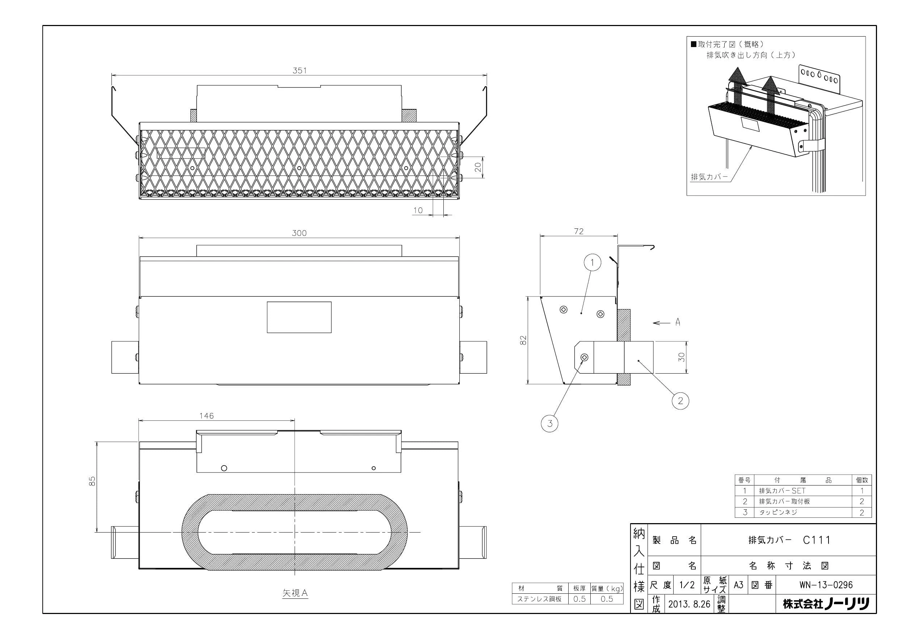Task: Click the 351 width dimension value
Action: pos(300,71)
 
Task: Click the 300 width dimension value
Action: pos(299,233)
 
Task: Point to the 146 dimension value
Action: pos(207,416)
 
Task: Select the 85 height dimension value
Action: pos(92,481)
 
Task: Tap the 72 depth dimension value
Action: pos(579,231)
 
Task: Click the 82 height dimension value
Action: pos(524,340)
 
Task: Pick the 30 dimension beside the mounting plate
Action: pos(682,357)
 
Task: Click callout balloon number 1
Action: pos(593,262)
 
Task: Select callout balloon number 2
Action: pos(680,401)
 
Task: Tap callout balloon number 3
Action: pos(550,423)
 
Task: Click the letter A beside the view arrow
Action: pos(678,322)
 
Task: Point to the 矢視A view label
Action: pos(295,593)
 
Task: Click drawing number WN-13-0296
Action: pos(826,585)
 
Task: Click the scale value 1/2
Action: pos(687,585)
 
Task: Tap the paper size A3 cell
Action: pos(738,585)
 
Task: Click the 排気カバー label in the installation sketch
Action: pos(709,177)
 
